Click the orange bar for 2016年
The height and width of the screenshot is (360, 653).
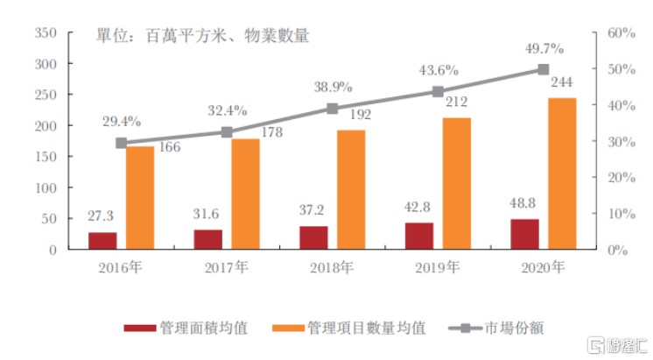[140, 198]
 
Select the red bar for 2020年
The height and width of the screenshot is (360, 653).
[525, 234]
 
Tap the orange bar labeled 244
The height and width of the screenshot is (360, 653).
[561, 173]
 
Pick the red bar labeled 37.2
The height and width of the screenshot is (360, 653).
[313, 237]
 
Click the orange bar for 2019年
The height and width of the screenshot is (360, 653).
[455, 183]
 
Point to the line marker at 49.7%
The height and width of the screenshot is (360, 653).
[543, 69]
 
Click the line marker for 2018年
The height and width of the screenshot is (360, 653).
[332, 109]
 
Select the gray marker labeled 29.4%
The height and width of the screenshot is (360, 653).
[121, 143]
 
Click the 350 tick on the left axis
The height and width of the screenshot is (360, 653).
[46, 33]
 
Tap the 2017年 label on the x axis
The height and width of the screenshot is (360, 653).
[226, 267]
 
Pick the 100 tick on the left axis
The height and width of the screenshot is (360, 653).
[46, 187]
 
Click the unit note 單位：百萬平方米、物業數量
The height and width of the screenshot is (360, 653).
[202, 37]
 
